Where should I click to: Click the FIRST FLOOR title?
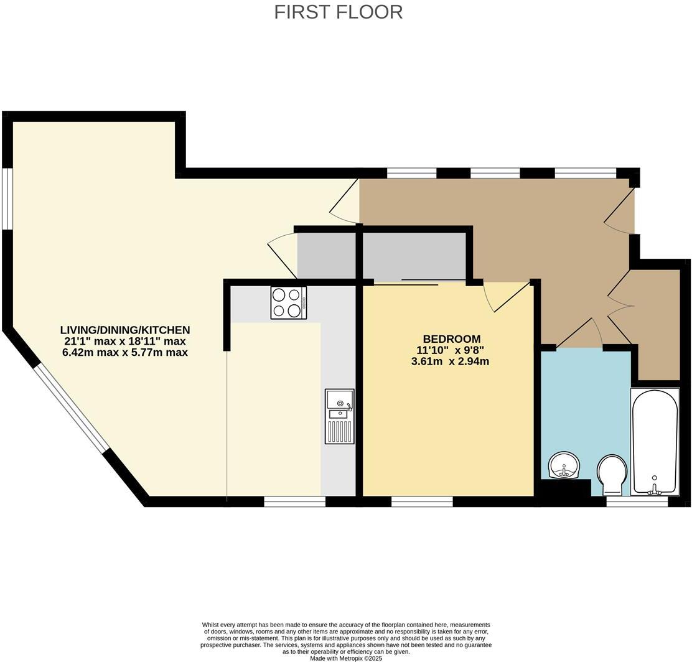(x=339, y=12)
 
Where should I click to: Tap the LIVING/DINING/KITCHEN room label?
(x=125, y=330)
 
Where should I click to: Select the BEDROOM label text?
(x=451, y=339)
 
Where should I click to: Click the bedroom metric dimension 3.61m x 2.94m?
(x=450, y=361)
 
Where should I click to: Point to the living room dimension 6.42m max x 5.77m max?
(x=125, y=352)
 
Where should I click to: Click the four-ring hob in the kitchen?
(x=289, y=303)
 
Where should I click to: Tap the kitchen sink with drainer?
(x=339, y=416)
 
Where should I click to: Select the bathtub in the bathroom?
(x=655, y=442)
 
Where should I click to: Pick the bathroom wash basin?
(x=565, y=465)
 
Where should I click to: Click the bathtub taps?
(x=653, y=487)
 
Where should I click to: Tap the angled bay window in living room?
(x=70, y=408)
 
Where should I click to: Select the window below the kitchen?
(x=295, y=501)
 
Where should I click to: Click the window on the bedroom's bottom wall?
(x=423, y=501)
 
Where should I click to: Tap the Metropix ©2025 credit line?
(x=345, y=658)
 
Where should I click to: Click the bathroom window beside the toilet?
(x=637, y=501)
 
